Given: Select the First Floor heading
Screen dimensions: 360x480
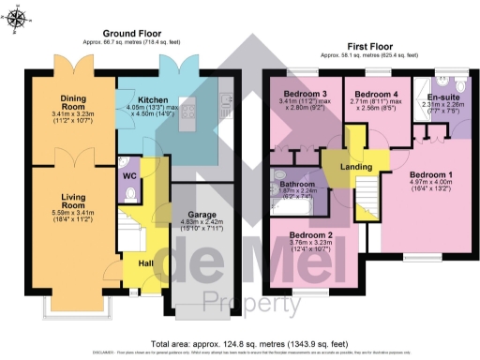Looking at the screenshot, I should (x=367, y=45).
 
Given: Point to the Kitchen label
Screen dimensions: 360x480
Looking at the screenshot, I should (x=152, y=98).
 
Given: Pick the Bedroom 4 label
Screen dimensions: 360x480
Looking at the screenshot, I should (x=372, y=94).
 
